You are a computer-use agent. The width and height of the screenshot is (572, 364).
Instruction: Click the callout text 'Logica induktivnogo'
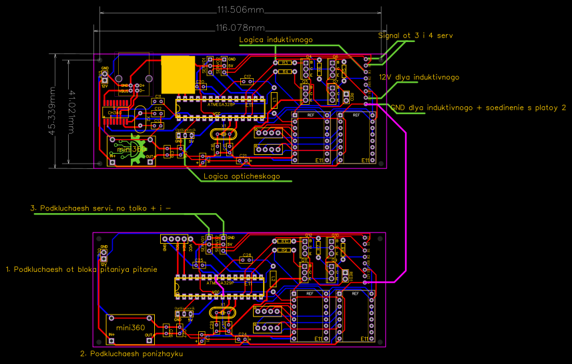(x=276, y=40)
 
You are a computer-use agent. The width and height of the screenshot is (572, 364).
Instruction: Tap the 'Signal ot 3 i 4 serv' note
(x=415, y=34)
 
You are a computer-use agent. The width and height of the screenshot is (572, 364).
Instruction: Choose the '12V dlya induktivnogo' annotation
(x=419, y=77)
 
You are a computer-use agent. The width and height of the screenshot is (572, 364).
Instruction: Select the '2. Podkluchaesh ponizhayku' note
(x=131, y=353)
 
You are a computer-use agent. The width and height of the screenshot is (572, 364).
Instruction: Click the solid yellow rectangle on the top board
(x=178, y=73)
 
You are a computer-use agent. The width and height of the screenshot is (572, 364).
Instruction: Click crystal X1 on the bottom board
(x=222, y=313)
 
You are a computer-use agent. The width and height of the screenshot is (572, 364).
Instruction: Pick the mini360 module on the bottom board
(x=130, y=327)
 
